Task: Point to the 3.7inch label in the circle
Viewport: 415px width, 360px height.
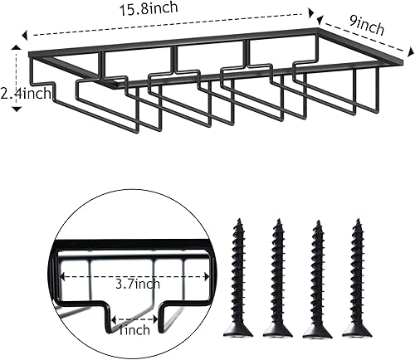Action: [x=134, y=285]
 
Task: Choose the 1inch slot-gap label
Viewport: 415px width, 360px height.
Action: [x=134, y=330]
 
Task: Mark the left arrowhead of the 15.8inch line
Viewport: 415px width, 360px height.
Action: [x=25, y=36]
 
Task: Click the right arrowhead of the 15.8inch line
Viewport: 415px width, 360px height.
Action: [x=311, y=13]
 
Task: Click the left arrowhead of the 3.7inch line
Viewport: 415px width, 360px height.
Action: [x=63, y=276]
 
